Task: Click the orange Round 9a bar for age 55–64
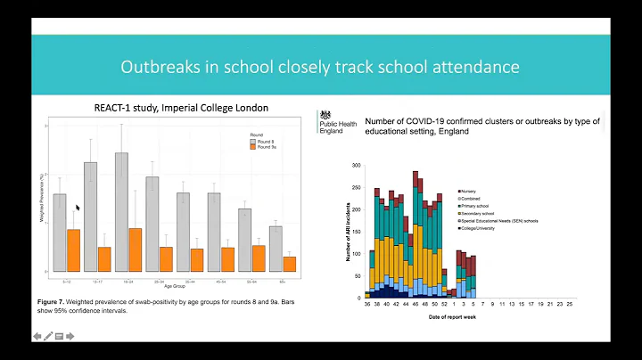(x=259, y=258)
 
